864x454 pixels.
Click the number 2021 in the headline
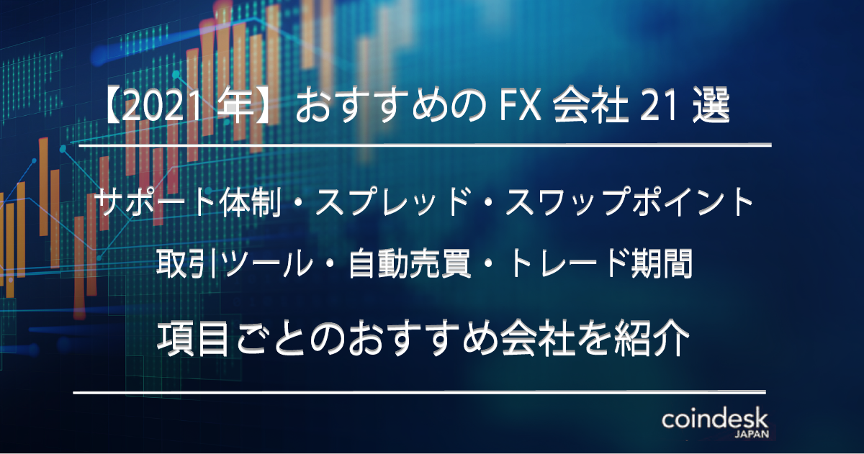point(163,105)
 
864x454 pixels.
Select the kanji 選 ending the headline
point(711,105)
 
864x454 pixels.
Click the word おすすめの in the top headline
point(390,105)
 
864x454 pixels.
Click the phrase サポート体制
point(188,201)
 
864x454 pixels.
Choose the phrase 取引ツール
point(234,263)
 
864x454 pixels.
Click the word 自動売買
point(410,263)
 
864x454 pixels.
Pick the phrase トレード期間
point(600,263)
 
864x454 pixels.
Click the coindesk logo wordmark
point(715,419)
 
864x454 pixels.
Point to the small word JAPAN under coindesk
point(752,435)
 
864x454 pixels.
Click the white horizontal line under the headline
point(425,145)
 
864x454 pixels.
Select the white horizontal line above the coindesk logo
point(419,393)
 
